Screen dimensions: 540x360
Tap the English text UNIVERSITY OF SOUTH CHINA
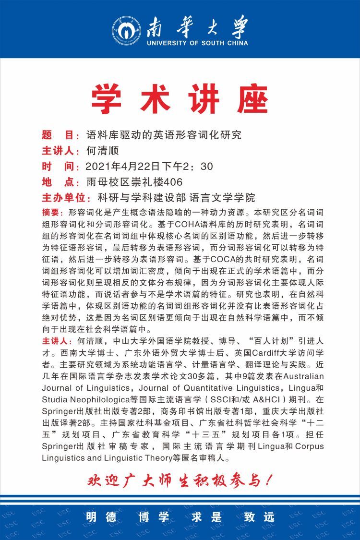pos(197,43)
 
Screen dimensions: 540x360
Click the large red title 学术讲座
pos(180,99)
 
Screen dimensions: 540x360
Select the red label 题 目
pos(60,135)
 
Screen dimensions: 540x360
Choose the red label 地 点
pos(60,182)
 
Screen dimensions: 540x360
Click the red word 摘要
pos(53,212)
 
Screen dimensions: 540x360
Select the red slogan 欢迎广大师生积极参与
pos(180,480)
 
